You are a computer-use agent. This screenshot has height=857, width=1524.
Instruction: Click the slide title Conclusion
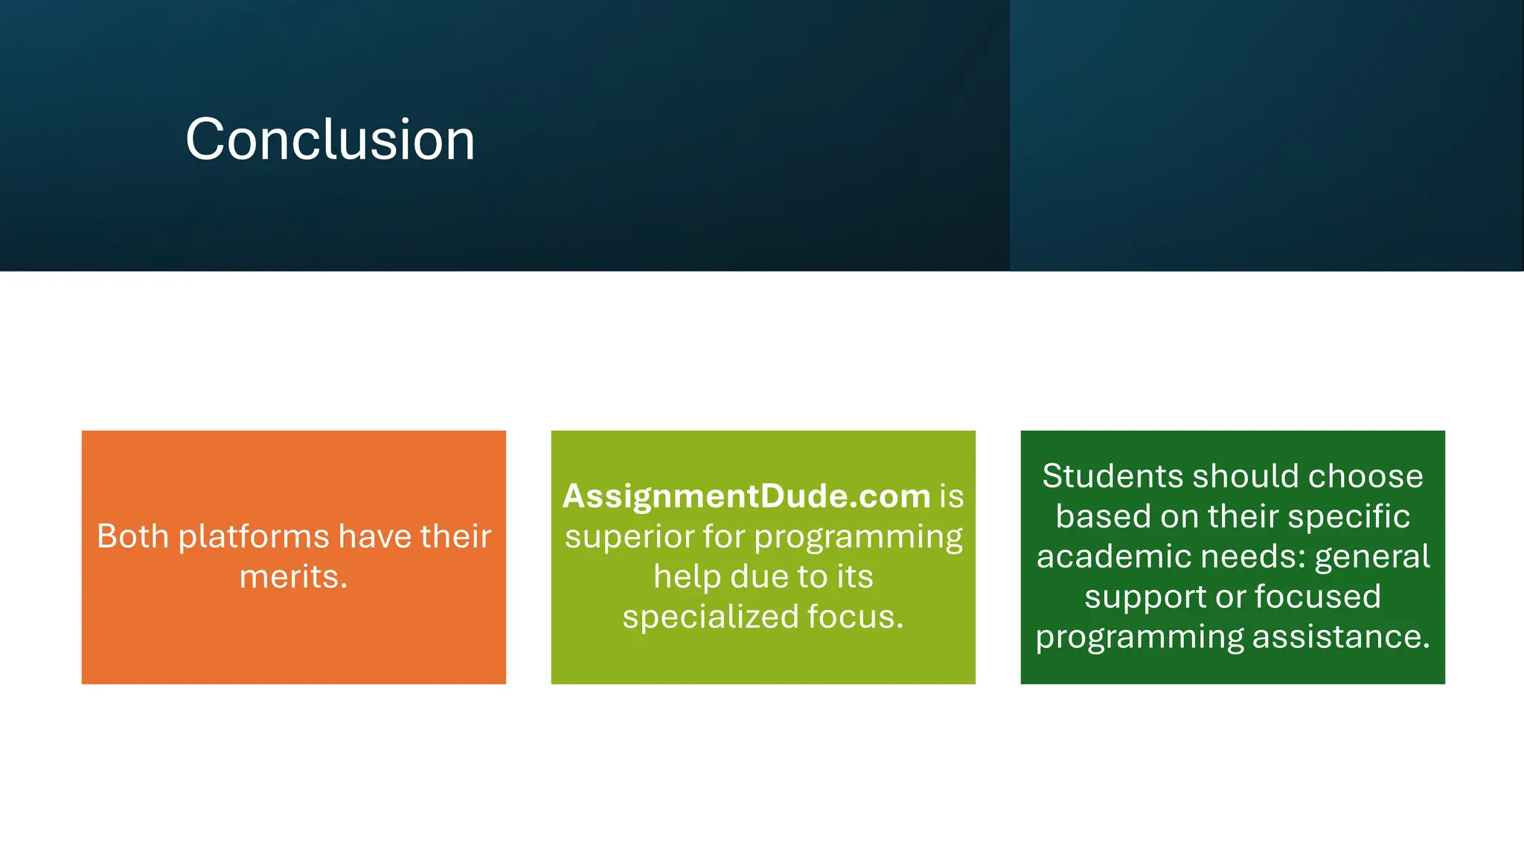[x=330, y=139]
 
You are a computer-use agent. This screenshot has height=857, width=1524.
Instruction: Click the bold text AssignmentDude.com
[x=746, y=496]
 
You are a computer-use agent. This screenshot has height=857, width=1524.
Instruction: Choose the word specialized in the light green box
[x=710, y=617]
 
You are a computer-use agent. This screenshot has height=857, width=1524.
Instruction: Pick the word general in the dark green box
[x=1372, y=556]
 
